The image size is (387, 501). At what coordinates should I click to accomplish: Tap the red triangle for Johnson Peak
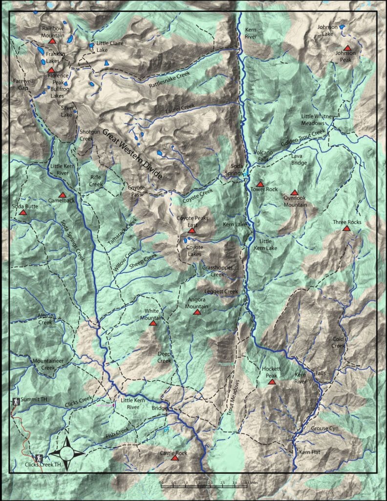(347, 48)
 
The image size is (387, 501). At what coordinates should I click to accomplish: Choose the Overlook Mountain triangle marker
(294, 193)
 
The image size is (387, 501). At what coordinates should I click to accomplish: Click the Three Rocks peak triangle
(346, 228)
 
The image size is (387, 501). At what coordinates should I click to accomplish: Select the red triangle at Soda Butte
(22, 213)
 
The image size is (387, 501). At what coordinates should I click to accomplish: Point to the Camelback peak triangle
(62, 195)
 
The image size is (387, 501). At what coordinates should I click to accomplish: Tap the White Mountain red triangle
(152, 323)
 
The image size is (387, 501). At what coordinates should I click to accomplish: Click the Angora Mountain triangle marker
(197, 312)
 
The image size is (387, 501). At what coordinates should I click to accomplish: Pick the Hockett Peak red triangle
(272, 382)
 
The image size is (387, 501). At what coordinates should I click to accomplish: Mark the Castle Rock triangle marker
(174, 458)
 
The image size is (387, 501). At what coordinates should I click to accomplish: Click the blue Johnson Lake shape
(342, 27)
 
